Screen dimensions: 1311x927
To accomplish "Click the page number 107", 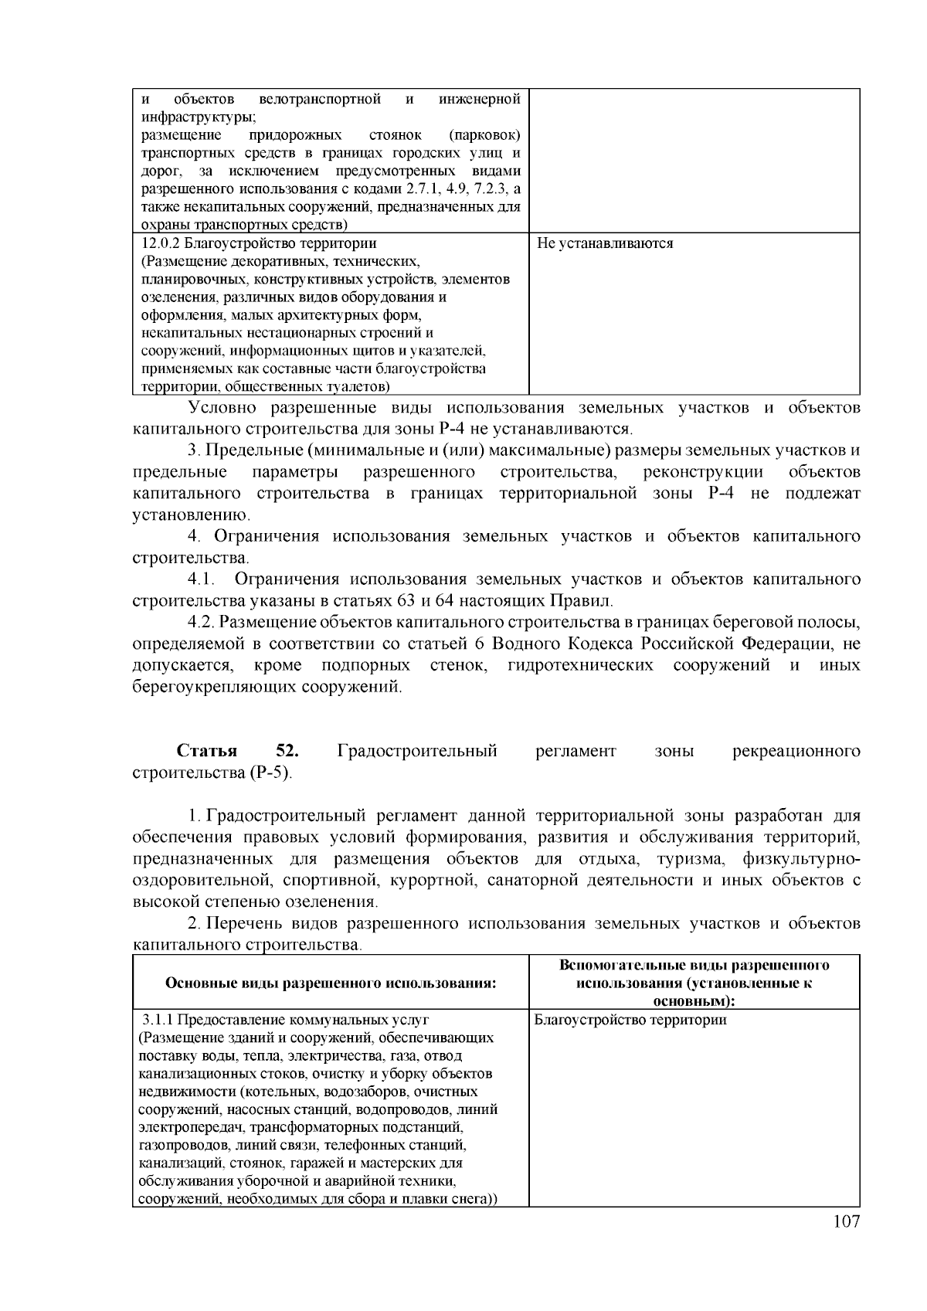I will pos(846,1221).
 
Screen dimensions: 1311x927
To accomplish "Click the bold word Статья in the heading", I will pos(206,751).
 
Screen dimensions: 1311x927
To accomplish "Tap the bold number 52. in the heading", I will pos(287,751).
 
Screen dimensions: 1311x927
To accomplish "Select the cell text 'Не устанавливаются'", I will pos(605,243).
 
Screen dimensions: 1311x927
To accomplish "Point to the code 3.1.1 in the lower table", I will pos(158,1020).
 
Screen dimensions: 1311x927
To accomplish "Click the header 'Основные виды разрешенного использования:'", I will pos(331,983).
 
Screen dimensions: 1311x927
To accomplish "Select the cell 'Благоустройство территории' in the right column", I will pos(630,1020).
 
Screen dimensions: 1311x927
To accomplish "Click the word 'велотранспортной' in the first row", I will pos(321,99).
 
